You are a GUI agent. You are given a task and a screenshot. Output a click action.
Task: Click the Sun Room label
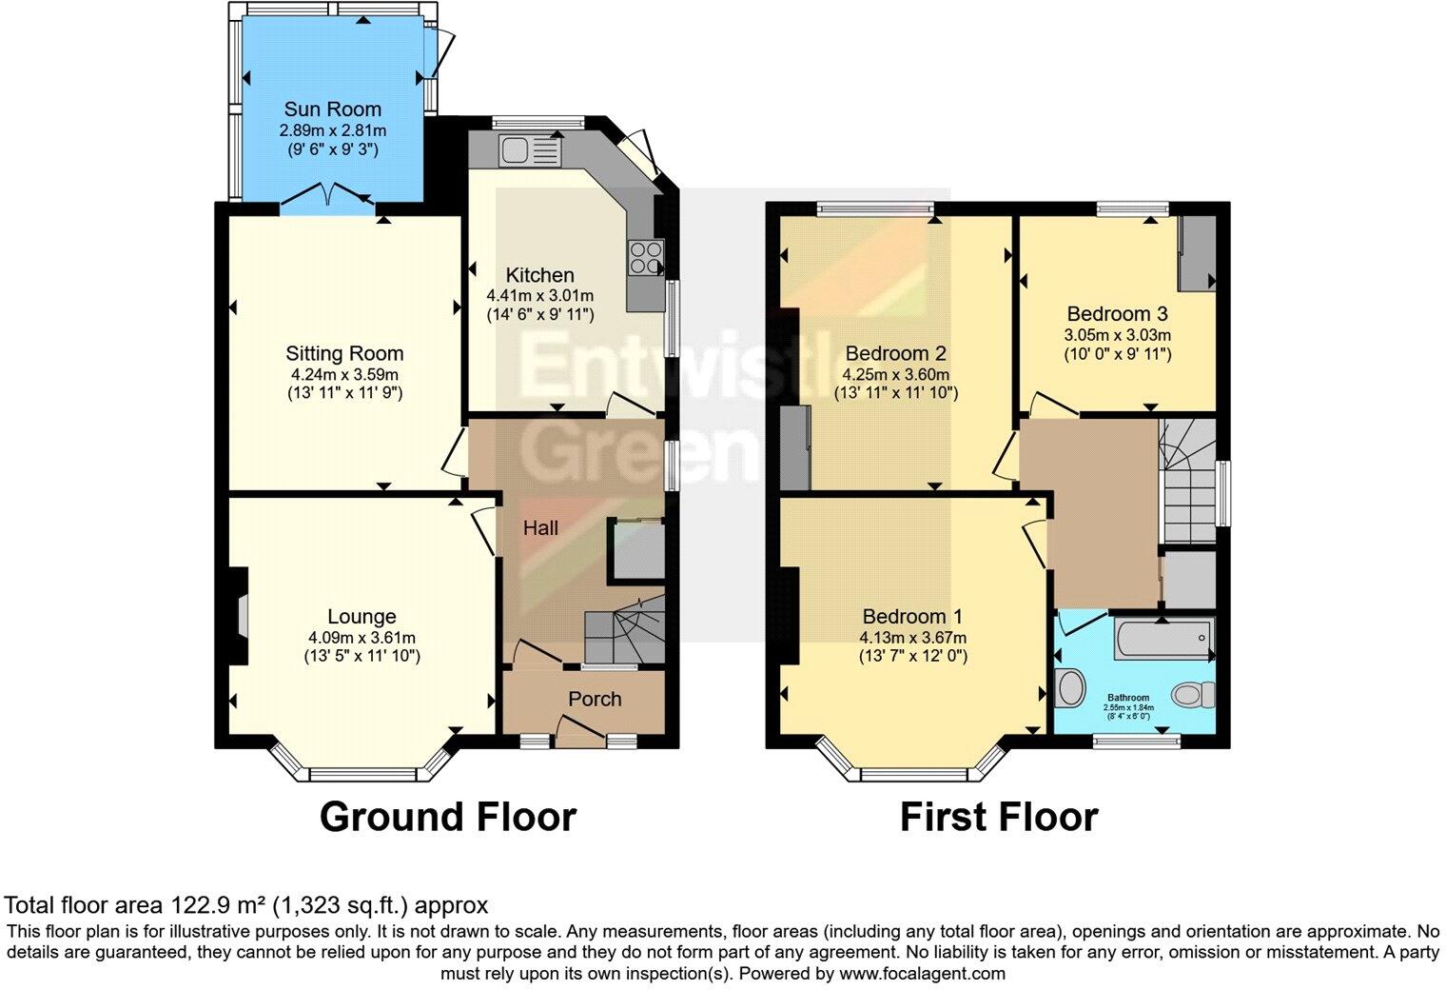coord(332,109)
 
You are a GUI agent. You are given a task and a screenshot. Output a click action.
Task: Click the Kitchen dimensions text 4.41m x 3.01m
coord(539,295)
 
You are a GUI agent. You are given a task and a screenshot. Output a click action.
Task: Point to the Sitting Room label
coord(344,354)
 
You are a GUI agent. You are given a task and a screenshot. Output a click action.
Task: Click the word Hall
coord(540,528)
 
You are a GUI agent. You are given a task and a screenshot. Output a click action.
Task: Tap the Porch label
coord(595,700)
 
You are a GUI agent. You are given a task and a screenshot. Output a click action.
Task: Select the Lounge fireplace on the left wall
coord(238,616)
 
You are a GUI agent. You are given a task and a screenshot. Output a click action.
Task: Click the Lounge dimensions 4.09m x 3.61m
coord(361,638)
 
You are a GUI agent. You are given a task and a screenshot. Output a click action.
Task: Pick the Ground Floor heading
coord(447,818)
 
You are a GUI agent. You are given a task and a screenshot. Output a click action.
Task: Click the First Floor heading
coord(999,818)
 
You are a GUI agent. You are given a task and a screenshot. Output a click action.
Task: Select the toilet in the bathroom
coord(1193,694)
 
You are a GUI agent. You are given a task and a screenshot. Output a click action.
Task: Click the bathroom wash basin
coord(1070,687)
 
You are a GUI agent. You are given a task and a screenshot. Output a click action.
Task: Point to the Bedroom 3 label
coord(1117,314)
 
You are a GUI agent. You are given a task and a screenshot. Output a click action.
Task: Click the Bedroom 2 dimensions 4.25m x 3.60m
coord(895,374)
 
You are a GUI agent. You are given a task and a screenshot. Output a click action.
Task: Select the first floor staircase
coord(1186,481)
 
